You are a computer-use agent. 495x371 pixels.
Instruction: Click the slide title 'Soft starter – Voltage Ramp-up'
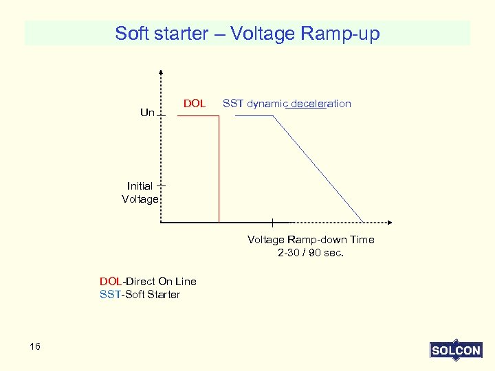(x=247, y=34)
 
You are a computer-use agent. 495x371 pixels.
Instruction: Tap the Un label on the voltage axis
(x=147, y=113)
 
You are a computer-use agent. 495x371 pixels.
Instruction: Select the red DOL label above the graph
(x=195, y=104)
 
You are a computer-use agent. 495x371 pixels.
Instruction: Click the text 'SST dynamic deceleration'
(x=287, y=104)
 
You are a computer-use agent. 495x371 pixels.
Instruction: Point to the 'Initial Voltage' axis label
(x=140, y=192)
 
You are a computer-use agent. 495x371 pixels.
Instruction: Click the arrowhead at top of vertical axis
(x=161, y=70)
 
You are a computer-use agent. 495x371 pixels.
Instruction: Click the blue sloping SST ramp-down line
(x=318, y=168)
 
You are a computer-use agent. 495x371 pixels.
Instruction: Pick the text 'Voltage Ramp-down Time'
(x=311, y=240)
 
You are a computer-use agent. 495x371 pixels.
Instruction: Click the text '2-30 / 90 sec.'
(x=311, y=253)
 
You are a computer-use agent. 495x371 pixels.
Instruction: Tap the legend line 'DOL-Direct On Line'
(x=148, y=281)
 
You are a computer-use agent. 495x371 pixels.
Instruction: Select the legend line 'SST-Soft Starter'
(x=140, y=295)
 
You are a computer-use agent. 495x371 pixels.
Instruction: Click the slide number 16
(x=35, y=346)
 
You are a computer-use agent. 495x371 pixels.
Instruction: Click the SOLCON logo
(x=455, y=350)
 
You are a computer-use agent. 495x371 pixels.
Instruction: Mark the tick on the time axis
(x=273, y=222)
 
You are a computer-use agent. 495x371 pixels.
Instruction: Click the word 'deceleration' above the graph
(x=321, y=104)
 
